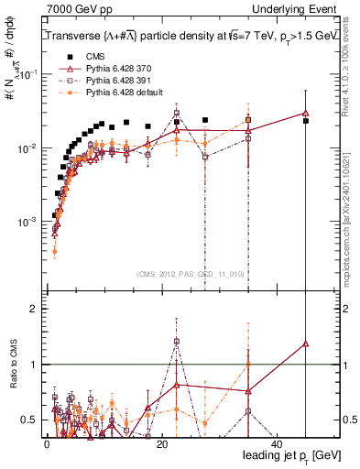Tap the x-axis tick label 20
pyautogui.click(x=161, y=442)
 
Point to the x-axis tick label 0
pyautogui.click(x=46, y=442)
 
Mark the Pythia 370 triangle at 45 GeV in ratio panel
pyautogui.click(x=306, y=344)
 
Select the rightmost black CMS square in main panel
pyautogui.click(x=306, y=121)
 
